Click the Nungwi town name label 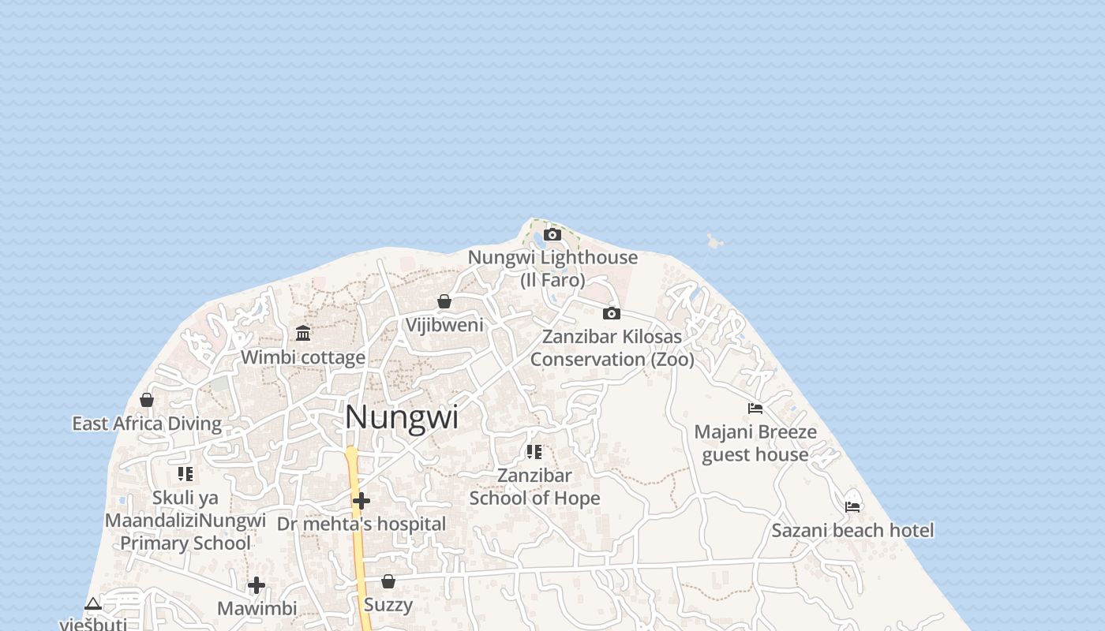point(401,417)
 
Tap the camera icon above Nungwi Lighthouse point(552,234)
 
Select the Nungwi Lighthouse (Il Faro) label point(552,268)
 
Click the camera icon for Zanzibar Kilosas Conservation point(612,313)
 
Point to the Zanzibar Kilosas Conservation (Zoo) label point(612,348)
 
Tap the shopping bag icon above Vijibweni point(444,301)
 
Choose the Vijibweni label point(444,324)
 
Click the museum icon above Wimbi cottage point(303,333)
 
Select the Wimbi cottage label point(303,357)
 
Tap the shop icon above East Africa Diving point(147,400)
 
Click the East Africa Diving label point(147,424)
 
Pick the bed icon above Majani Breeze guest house point(755,409)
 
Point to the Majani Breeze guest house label point(755,443)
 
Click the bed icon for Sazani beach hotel point(852,506)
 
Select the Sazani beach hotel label point(852,530)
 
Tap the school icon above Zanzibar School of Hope point(534,452)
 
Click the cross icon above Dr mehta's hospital point(361,501)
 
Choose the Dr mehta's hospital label point(361,524)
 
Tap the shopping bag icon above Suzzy point(388,581)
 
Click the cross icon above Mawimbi point(257,585)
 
